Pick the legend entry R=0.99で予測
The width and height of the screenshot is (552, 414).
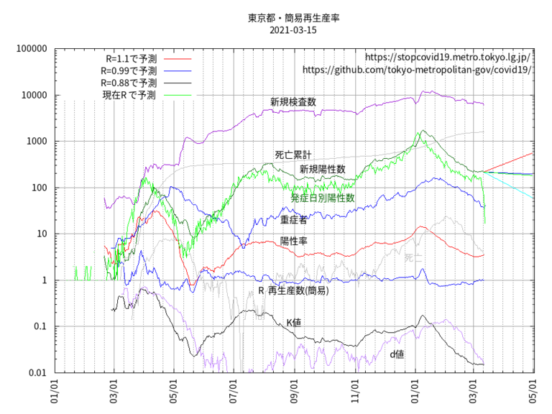tap(127, 70)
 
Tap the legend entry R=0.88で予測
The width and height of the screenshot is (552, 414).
tap(127, 83)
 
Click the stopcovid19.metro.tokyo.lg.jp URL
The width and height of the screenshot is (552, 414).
tap(448, 57)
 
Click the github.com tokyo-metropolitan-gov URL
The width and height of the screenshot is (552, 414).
tap(417, 70)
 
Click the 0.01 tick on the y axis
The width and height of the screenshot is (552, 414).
tap(37, 372)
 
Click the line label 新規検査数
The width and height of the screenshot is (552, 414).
tap(293, 103)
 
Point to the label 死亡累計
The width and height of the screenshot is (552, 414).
tap(293, 155)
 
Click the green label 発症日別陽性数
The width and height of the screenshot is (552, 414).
tap(323, 197)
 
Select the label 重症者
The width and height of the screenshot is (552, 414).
tap(294, 220)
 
